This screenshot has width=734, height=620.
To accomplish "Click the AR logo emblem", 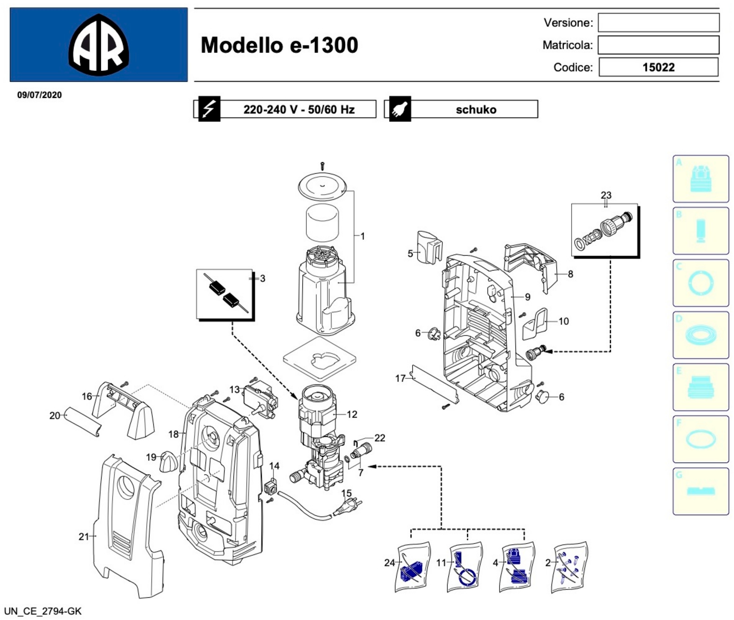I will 99,45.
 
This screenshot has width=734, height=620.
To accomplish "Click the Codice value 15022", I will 658,67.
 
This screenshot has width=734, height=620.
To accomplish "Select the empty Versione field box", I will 658,23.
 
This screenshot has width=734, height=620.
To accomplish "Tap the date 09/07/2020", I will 39,95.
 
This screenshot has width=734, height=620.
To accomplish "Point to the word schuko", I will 476,110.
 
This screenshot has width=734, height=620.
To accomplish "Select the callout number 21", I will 84,537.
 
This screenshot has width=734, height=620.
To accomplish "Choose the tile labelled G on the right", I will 700,491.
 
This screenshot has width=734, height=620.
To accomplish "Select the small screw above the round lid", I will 322,165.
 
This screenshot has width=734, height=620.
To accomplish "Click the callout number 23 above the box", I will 606,195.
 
